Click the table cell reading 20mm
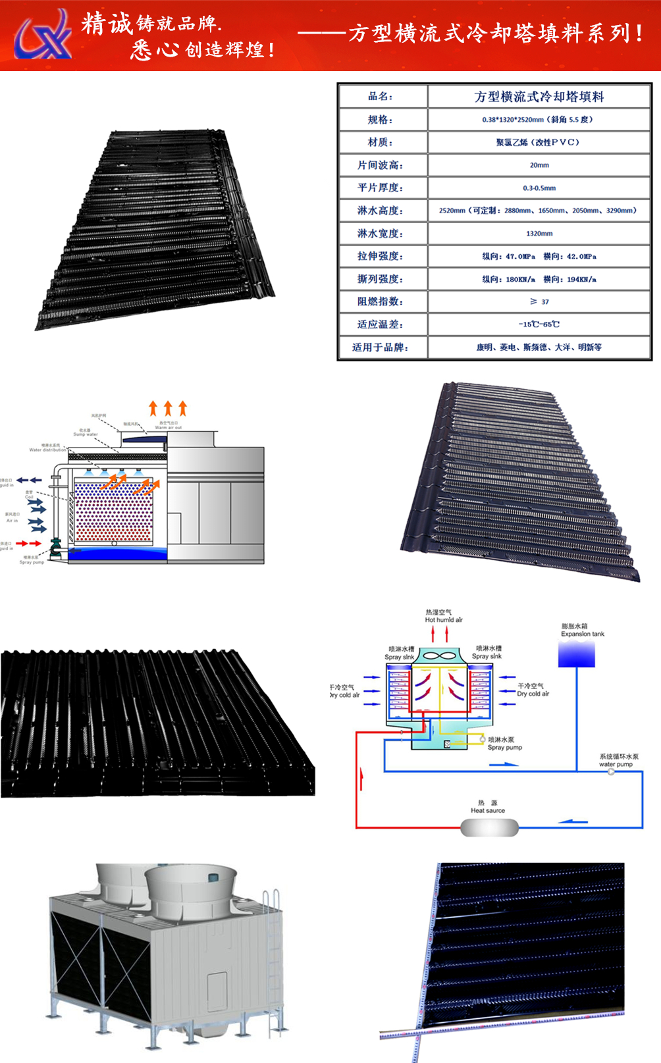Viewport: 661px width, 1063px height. tap(539, 165)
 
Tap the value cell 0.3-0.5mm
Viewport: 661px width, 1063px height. tap(539, 188)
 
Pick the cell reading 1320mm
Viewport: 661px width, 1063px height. tap(539, 234)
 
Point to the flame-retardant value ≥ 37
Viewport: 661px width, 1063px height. tap(539, 301)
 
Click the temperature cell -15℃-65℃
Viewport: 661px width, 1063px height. tap(539, 324)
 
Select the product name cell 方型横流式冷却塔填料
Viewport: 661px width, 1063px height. tap(539, 97)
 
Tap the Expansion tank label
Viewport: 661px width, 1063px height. tap(582, 634)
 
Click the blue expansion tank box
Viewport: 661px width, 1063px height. tap(577, 655)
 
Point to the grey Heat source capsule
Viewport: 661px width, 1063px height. tap(489, 827)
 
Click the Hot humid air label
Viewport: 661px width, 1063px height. tap(443, 619)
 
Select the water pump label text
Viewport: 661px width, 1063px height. tap(616, 764)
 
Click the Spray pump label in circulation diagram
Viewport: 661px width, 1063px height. tap(504, 747)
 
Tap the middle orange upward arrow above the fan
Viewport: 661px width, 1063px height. tap(168, 408)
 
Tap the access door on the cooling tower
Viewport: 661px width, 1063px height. tap(217, 991)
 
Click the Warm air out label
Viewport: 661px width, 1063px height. tap(168, 427)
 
